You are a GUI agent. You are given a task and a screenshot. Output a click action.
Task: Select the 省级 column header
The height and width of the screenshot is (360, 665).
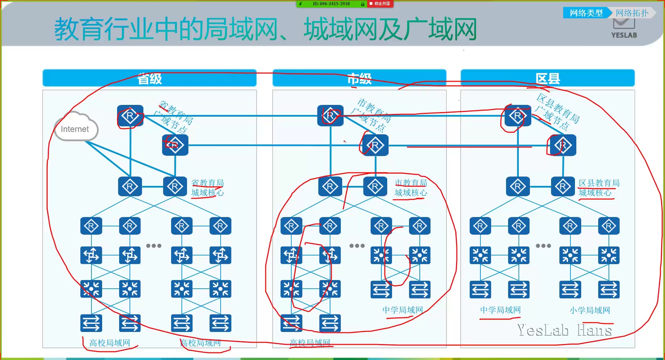149,79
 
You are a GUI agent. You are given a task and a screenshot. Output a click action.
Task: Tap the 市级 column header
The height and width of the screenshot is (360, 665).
359,79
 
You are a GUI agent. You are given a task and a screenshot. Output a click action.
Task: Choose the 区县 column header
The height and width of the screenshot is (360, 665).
547,79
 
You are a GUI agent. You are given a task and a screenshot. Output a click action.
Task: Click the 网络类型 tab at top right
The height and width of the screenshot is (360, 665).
586,13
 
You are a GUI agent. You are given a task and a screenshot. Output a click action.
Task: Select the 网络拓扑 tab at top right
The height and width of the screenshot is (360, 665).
632,13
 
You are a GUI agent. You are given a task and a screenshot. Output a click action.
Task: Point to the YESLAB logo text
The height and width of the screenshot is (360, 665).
624,35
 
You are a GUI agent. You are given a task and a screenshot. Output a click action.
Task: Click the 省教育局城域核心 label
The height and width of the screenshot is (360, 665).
207,188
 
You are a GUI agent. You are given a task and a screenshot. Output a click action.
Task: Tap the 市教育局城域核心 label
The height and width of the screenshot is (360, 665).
411,188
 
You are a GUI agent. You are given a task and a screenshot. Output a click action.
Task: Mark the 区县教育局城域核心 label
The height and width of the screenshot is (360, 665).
599,188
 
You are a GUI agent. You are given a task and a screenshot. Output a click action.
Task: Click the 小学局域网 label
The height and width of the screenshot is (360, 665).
590,310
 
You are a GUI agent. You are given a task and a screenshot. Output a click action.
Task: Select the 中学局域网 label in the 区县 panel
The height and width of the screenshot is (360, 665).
500,310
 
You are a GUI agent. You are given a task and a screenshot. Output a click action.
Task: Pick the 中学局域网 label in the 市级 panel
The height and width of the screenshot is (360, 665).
402,310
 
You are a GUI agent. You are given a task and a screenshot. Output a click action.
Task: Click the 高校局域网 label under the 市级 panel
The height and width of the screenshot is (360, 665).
310,343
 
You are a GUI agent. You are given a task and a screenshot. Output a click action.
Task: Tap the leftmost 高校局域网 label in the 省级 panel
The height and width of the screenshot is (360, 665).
110,343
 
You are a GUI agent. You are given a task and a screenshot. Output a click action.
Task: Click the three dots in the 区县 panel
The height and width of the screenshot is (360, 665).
543,246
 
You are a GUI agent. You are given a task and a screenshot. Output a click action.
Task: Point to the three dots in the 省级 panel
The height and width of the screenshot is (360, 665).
154,246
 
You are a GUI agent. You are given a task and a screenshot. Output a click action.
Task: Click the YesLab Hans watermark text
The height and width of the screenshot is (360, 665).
564,330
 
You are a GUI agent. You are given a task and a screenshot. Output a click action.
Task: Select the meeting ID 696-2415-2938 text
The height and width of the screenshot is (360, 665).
331,4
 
